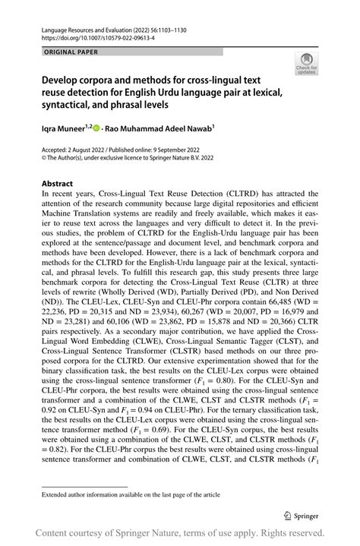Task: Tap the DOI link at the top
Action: [x=90, y=35]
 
